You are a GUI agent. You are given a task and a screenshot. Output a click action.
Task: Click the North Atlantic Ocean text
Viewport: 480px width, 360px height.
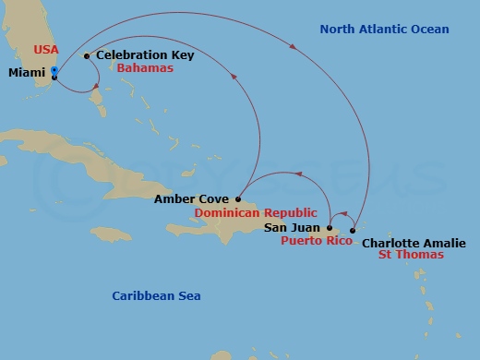pos(384,30)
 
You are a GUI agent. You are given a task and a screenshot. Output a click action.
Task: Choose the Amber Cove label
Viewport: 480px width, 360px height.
pos(192,198)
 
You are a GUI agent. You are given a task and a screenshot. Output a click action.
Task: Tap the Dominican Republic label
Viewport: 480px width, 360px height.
pos(249,212)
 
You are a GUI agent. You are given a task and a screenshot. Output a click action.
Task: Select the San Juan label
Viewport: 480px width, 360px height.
pos(293,226)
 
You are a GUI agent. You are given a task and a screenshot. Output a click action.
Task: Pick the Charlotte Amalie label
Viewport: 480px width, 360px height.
pos(407,244)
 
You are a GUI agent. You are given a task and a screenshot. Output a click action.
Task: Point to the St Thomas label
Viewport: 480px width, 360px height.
pos(414,258)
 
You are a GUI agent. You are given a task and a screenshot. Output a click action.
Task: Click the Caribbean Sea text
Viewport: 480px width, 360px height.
pos(156,295)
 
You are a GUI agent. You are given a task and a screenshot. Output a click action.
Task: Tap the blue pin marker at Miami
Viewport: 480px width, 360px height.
pos(54,70)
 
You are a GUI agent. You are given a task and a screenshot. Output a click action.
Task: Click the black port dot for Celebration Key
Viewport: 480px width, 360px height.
pos(86,56)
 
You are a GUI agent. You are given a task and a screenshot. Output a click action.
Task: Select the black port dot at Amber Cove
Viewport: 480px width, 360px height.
pos(238,198)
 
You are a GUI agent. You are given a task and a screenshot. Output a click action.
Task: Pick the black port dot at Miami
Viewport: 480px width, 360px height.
pos(54,78)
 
